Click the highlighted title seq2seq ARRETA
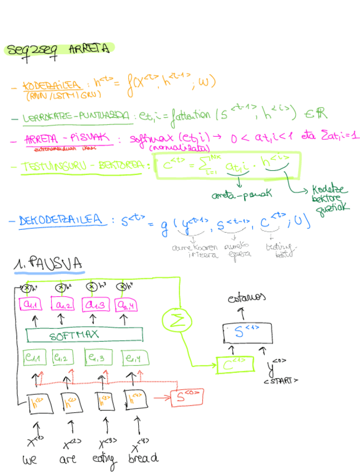click(59, 49)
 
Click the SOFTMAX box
click(84, 336)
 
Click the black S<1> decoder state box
click(248, 333)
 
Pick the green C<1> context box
click(234, 365)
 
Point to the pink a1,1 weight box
click(33, 305)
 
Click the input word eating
click(104, 459)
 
